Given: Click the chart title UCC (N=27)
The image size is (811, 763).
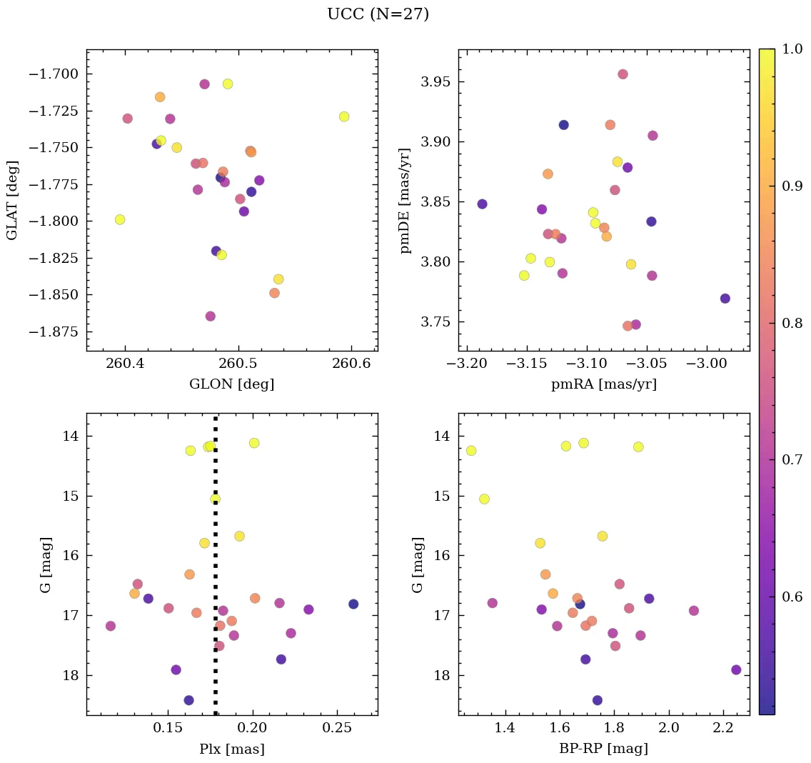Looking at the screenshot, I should click(378, 14).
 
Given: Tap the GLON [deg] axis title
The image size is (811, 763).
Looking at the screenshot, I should click(232, 384).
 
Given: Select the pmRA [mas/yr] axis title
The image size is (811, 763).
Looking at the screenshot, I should click(604, 384).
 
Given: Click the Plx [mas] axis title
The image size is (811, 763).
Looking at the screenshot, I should click(232, 749).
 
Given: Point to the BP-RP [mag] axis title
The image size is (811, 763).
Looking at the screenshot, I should click(604, 749).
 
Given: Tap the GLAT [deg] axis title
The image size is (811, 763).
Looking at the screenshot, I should click(12, 200).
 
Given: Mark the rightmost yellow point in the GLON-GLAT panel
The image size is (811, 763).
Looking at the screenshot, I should click(344, 116).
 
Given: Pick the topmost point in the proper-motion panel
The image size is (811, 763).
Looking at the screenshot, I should click(623, 74).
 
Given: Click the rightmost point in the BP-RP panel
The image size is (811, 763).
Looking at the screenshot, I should click(736, 669).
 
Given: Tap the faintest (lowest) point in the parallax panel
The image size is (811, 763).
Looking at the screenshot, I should click(188, 700).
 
